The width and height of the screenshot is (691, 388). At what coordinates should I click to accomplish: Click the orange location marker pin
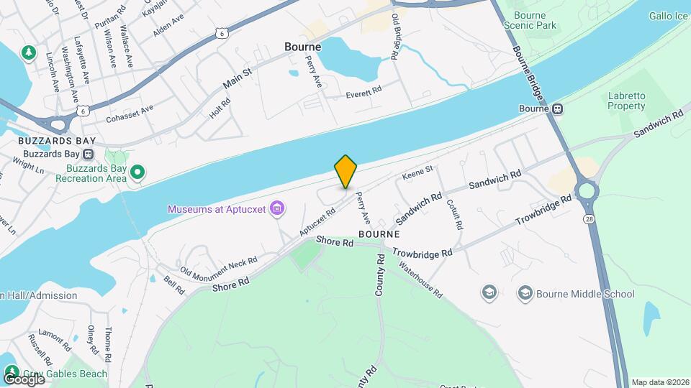346,171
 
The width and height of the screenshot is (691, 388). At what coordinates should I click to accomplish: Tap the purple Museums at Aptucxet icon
277,209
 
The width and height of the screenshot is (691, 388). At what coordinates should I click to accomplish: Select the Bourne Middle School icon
525,293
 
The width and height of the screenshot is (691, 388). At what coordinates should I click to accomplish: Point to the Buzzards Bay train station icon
88,154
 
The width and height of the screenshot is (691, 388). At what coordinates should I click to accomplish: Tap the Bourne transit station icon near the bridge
557,108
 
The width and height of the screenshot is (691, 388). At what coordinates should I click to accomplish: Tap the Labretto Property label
626,101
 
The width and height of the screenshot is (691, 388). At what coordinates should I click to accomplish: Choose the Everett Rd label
363,93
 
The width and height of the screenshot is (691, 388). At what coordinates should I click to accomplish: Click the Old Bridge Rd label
396,35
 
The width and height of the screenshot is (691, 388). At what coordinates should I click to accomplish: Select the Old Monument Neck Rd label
218,266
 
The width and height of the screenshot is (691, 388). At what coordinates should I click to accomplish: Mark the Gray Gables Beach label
64,374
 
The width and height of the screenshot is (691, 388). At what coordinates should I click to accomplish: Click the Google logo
23,379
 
